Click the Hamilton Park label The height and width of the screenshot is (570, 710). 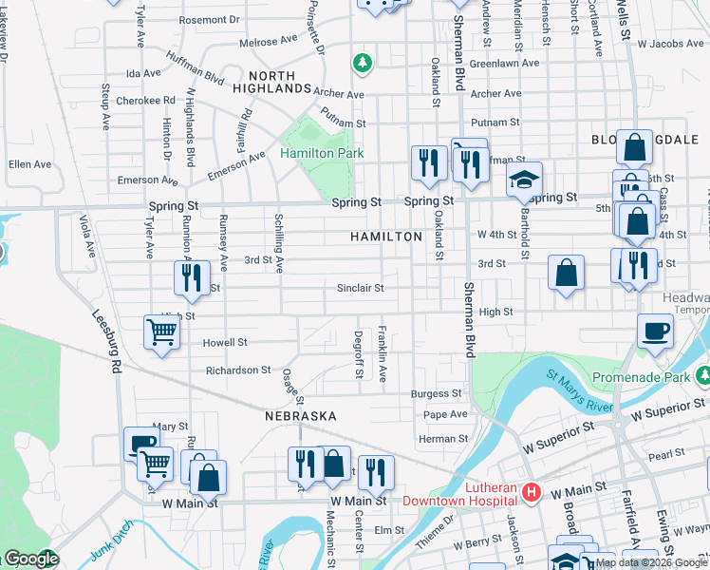click(x=321, y=153)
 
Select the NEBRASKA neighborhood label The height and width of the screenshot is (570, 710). click(x=300, y=416)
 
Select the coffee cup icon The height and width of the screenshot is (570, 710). click(x=655, y=332)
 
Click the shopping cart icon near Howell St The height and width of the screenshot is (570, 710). click(x=161, y=333)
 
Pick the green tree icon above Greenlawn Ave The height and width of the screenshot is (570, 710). click(x=362, y=64)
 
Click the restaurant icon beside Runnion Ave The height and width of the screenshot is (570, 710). click(x=193, y=277)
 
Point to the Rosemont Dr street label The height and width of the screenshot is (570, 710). click(x=209, y=19)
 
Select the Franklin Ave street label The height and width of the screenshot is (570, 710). click(x=383, y=353)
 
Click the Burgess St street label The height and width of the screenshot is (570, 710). click(x=436, y=393)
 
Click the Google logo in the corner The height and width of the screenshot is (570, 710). click(x=30, y=560)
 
